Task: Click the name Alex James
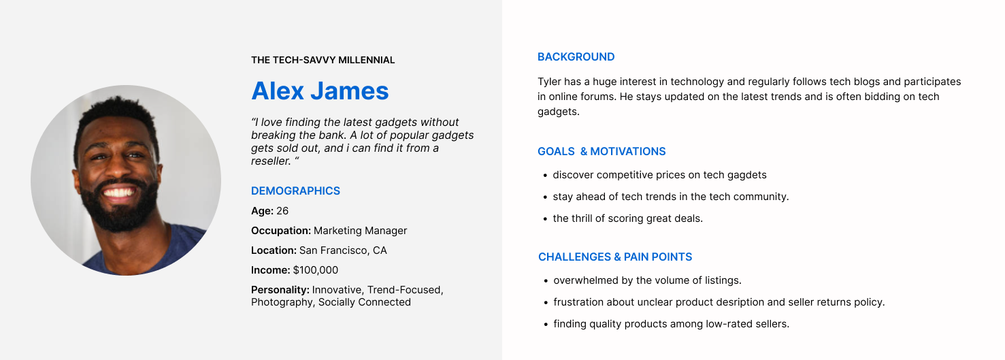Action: (320, 91)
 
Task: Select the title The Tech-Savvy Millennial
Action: (323, 60)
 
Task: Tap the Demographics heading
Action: (296, 191)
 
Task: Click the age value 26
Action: (282, 211)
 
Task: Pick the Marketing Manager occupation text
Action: (360, 231)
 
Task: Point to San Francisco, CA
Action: (343, 250)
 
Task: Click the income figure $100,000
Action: (316, 270)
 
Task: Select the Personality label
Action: (280, 290)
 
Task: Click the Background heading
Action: (576, 57)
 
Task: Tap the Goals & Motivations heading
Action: (602, 152)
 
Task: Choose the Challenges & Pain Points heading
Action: (615, 257)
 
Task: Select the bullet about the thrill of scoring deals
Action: (627, 218)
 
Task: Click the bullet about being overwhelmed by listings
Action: (647, 280)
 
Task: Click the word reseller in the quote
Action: (271, 161)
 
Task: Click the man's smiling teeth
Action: (118, 193)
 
